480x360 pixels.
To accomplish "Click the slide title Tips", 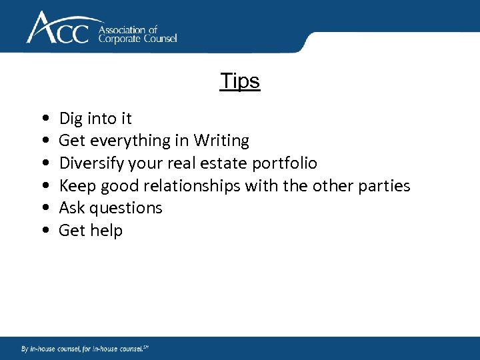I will coord(240,81).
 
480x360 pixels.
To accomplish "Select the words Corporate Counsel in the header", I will coord(137,39).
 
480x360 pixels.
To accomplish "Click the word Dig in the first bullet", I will coord(71,119).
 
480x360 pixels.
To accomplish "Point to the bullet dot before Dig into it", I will coord(43,119).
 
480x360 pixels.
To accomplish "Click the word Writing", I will coord(221,141).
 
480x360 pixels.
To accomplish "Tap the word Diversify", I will coord(91,163).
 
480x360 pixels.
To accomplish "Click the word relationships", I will coord(192,185).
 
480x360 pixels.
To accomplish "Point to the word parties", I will coord(385,185).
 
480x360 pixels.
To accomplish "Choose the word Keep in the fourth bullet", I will coord(77,185).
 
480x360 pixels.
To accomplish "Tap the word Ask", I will coord(71,208).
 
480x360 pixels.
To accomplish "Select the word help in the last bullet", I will coord(107,231).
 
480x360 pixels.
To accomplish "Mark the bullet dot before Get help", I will coord(43,231).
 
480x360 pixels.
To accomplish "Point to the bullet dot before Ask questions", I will coord(43,209).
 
